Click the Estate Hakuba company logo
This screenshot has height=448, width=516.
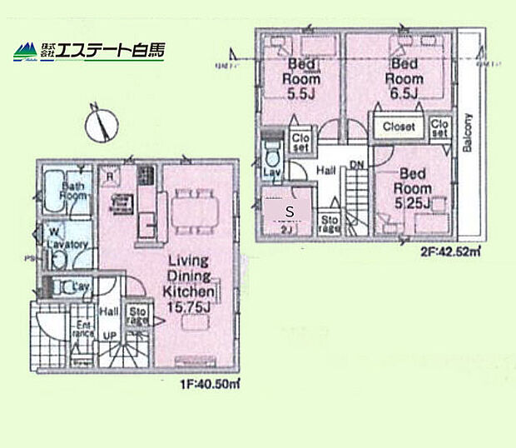coord(88,51)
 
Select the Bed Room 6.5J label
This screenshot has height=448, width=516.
coord(404,76)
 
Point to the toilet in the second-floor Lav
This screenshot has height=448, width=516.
coord(270,155)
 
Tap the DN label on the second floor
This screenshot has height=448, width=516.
coord(357,166)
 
